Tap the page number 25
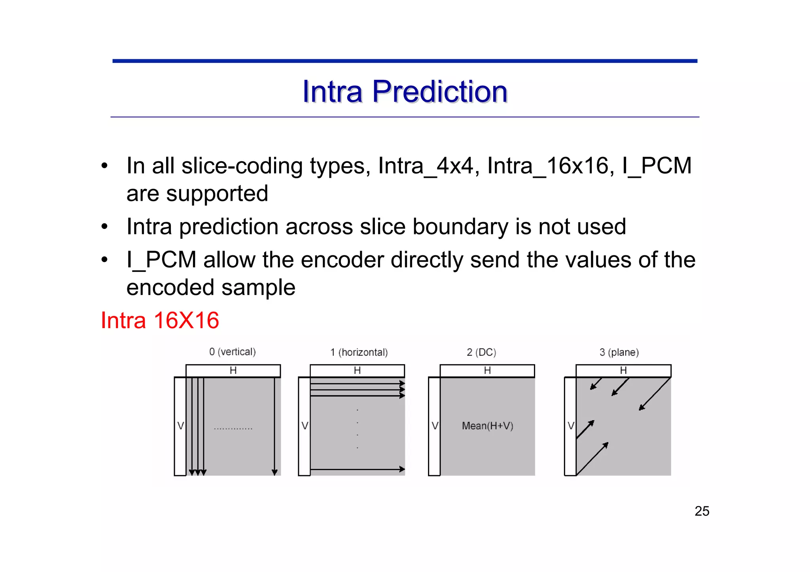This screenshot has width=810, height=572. click(x=702, y=511)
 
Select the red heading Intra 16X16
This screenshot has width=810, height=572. click(x=160, y=320)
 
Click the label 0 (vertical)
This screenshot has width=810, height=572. click(x=233, y=352)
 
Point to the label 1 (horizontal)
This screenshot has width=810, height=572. click(x=359, y=352)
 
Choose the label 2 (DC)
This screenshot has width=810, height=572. click(x=481, y=352)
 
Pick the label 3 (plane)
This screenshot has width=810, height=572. click(x=619, y=352)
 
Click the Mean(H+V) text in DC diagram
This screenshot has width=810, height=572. click(x=487, y=426)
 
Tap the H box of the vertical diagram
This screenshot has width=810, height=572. click(x=233, y=371)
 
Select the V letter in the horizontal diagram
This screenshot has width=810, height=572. click(x=305, y=426)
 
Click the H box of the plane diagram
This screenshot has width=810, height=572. click(x=623, y=371)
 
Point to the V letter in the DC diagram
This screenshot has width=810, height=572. click(x=435, y=426)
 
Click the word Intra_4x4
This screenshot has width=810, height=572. click(x=425, y=165)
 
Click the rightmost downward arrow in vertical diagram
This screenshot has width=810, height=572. click(x=274, y=427)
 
